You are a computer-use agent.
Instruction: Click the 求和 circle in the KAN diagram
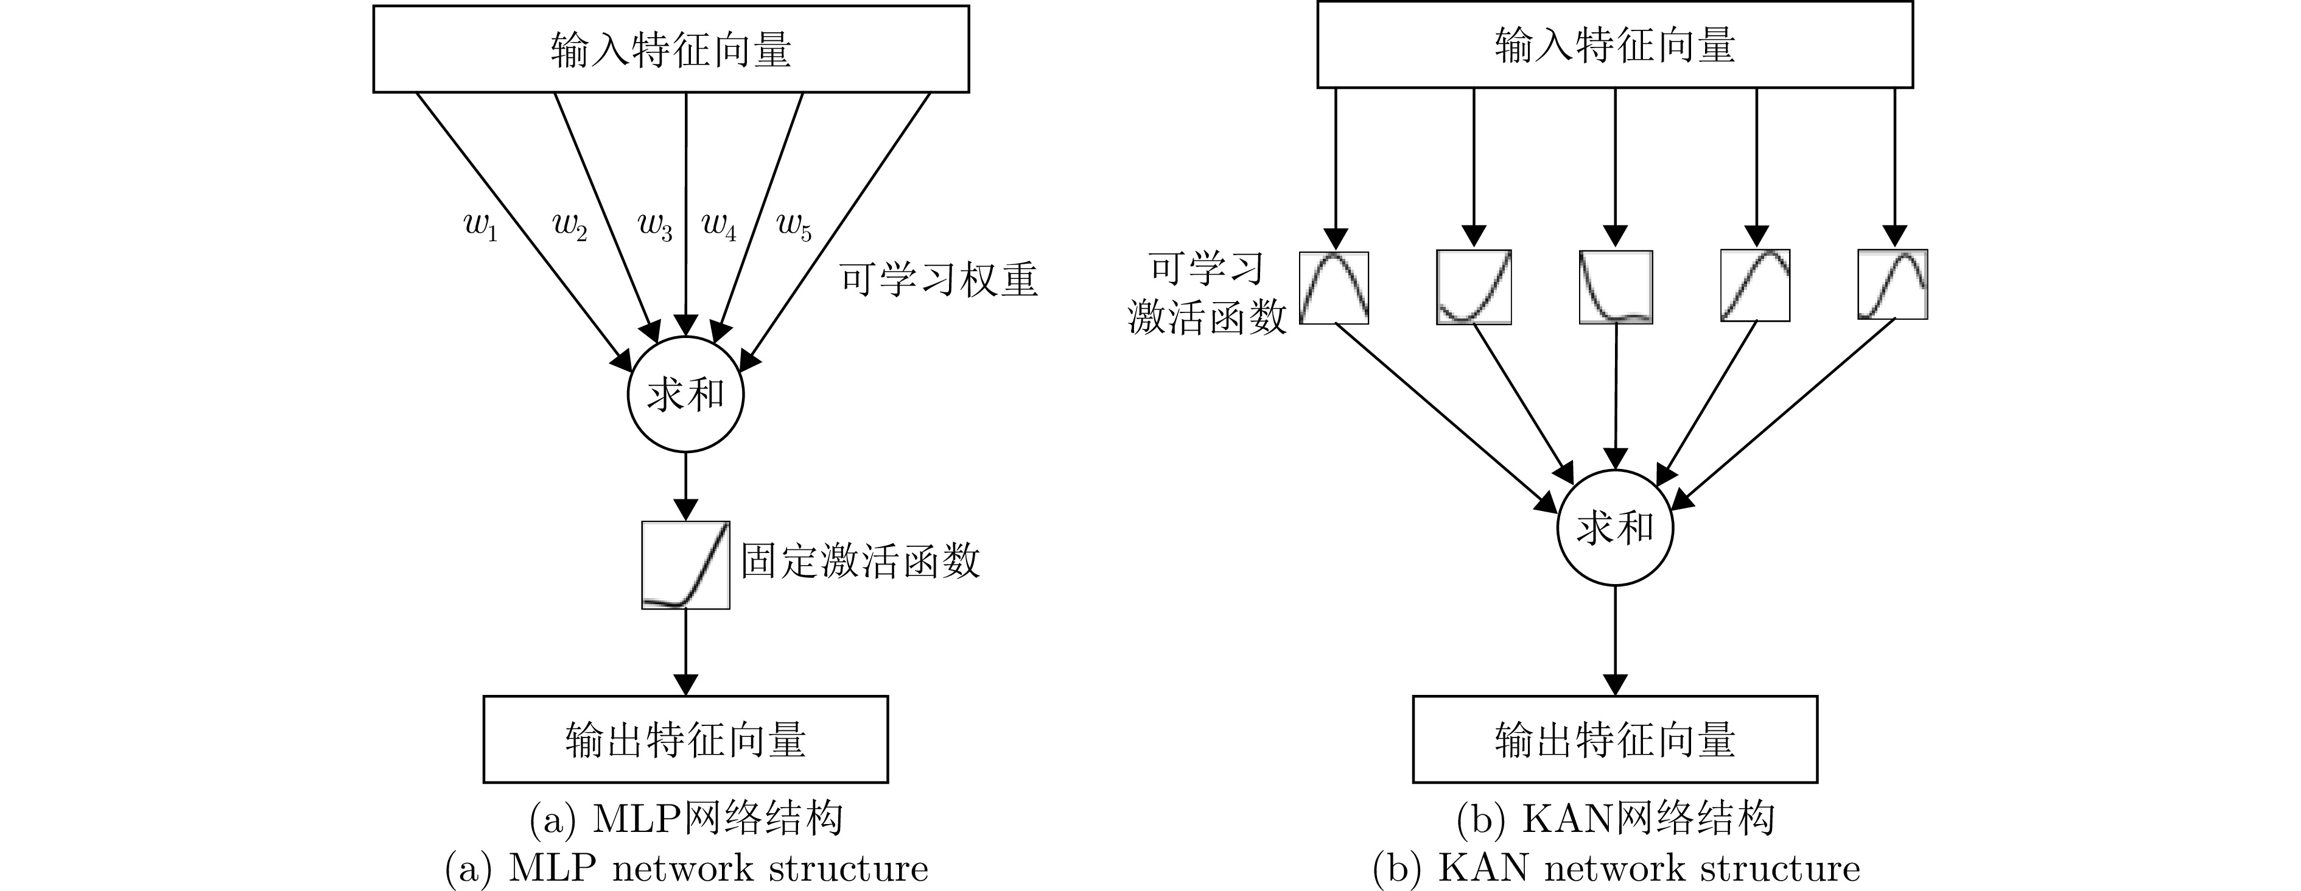(x=1615, y=528)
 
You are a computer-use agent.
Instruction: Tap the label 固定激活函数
(x=860, y=562)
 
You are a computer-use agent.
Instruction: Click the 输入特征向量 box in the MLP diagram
(x=671, y=49)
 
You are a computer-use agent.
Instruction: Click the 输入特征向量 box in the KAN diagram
(x=1615, y=46)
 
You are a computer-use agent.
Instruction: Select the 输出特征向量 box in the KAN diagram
(x=1615, y=739)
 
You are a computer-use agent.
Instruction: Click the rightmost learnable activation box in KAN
(x=1892, y=285)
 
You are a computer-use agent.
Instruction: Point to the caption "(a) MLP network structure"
(x=686, y=868)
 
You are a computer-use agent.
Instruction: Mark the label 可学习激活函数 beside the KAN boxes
(x=1207, y=293)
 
